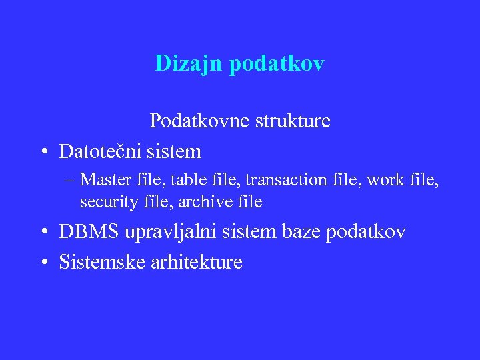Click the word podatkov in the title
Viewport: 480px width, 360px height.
[277, 64]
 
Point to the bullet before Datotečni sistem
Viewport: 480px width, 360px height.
[42, 152]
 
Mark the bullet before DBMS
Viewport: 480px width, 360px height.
[42, 232]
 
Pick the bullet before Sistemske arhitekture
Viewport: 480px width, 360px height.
[42, 263]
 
